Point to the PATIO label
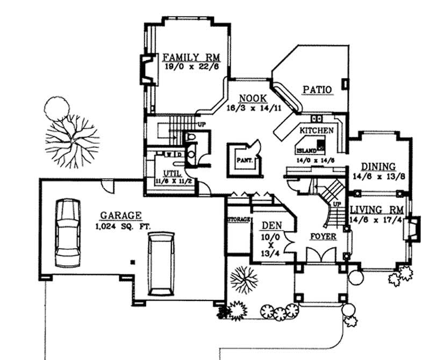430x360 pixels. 316,89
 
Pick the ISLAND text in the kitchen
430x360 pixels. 306,151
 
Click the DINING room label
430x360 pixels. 378,167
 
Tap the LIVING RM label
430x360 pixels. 374,209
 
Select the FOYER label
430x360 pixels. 323,236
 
